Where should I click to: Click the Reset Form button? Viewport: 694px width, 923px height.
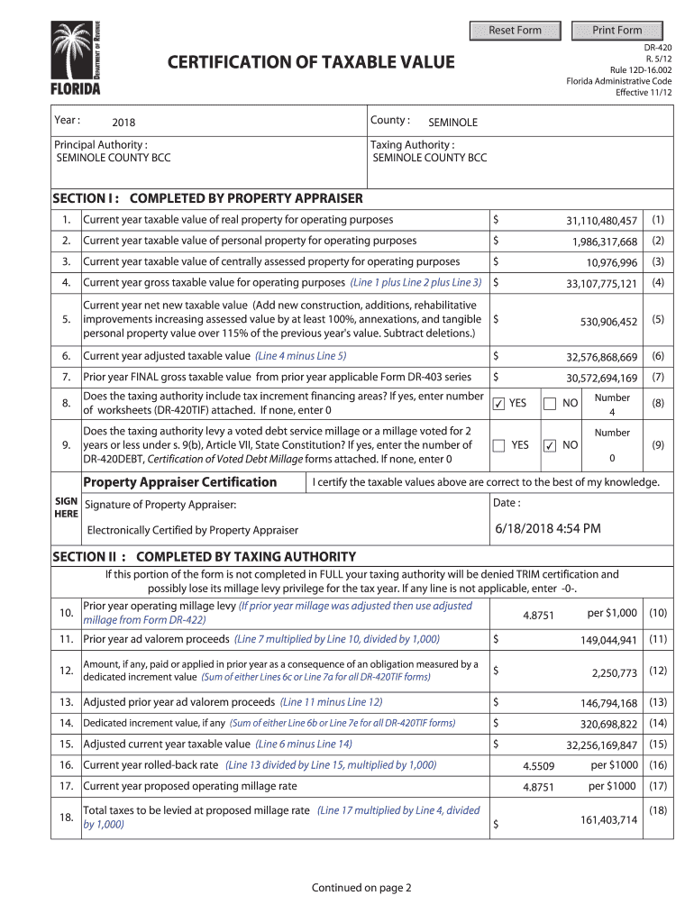coord(515,31)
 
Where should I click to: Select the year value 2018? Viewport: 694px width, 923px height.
coord(123,123)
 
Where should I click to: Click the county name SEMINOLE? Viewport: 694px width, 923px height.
coord(452,123)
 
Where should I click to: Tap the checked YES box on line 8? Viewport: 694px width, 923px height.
coord(498,404)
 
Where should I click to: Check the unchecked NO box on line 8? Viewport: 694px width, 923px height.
coord(550,404)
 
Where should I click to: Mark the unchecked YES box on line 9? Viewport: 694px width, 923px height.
coord(498,445)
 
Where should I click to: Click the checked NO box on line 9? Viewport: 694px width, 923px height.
coord(550,445)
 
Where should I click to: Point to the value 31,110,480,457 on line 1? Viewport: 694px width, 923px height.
coord(601,221)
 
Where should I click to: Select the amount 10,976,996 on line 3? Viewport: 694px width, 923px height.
coord(611,262)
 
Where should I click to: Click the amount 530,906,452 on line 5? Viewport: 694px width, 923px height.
coord(608,322)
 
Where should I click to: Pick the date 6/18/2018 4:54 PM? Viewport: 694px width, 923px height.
coord(547,528)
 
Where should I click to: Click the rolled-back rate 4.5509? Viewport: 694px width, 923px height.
coord(538,766)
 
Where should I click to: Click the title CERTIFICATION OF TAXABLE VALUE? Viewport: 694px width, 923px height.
coord(311,62)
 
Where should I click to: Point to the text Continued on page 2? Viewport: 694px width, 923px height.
coord(361,888)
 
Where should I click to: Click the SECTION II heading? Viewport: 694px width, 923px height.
coord(204,556)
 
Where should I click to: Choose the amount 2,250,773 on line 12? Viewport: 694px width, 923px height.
coord(614,672)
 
